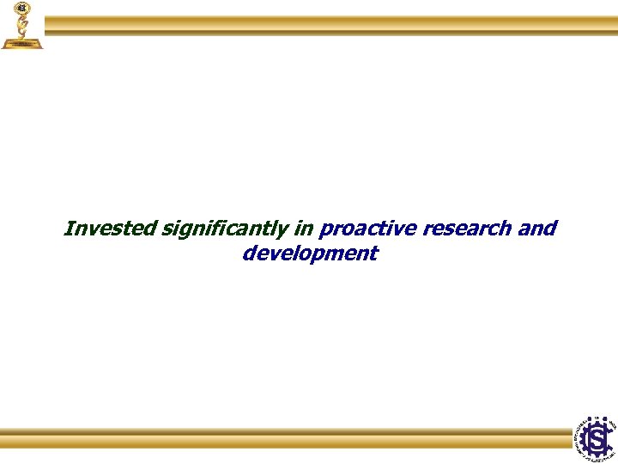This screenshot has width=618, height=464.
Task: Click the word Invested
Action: (x=110, y=229)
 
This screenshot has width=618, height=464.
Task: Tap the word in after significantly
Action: (x=305, y=229)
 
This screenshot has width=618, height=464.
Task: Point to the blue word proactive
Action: (x=360, y=229)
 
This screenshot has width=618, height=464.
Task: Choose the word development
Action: (x=310, y=254)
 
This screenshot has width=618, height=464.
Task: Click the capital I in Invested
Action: (x=68, y=229)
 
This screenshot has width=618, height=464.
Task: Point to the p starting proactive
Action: (x=325, y=231)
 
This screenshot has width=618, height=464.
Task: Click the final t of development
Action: (x=373, y=254)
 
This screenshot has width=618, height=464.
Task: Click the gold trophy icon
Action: (x=21, y=26)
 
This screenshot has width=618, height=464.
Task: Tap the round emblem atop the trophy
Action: (x=21, y=8)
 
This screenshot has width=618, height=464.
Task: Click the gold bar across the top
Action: (x=330, y=25)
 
